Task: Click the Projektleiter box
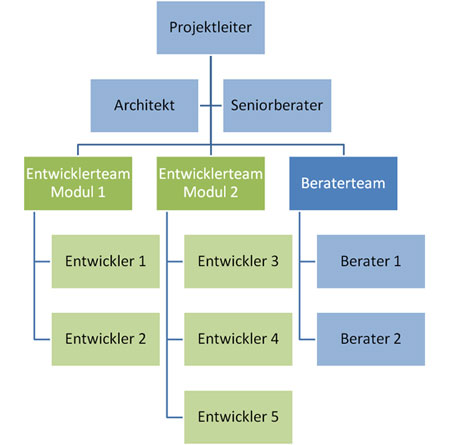(x=211, y=28)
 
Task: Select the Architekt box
(x=144, y=105)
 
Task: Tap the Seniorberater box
(x=277, y=105)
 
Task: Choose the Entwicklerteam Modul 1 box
(x=78, y=183)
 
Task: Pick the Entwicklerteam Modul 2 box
(x=211, y=183)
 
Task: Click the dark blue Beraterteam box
(x=343, y=183)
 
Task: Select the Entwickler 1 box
(x=106, y=261)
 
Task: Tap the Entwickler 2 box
(x=106, y=339)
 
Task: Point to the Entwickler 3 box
(x=238, y=261)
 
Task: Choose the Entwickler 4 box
(x=238, y=339)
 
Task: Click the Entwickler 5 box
(x=238, y=417)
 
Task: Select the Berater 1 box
(x=371, y=261)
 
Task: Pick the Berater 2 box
(x=371, y=339)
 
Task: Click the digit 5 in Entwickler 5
(x=275, y=417)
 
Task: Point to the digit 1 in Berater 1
(x=397, y=261)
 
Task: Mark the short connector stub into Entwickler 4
(x=175, y=339)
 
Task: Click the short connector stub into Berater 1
(x=307, y=262)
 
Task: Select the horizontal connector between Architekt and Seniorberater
(x=211, y=106)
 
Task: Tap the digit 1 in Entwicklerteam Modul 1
(x=101, y=192)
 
